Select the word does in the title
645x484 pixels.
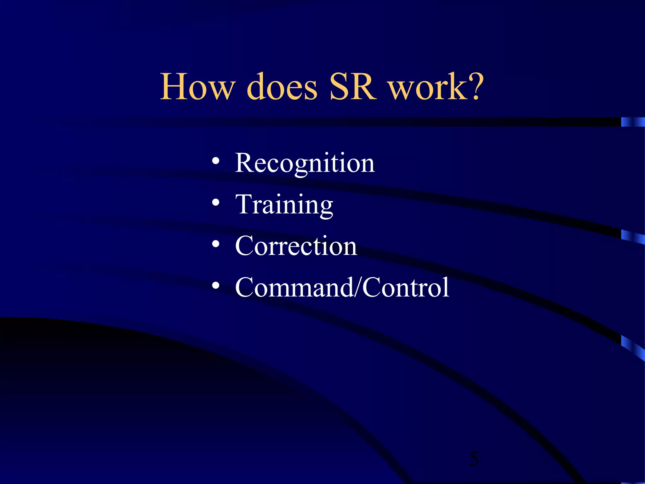pyautogui.click(x=282, y=87)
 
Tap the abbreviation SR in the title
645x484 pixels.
pyautogui.click(x=353, y=87)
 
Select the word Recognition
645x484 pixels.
pyautogui.click(x=305, y=163)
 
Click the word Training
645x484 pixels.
pyautogui.click(x=284, y=205)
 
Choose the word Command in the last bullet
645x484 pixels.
pyautogui.click(x=294, y=287)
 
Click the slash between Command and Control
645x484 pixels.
pyautogui.click(x=358, y=287)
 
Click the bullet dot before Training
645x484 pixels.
pyautogui.click(x=216, y=203)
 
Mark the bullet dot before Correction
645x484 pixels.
pyautogui.click(x=216, y=244)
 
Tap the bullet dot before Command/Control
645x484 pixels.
pyautogui.click(x=216, y=285)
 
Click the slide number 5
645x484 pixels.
pyautogui.click(x=473, y=458)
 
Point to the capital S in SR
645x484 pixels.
pyautogui.click(x=340, y=87)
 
